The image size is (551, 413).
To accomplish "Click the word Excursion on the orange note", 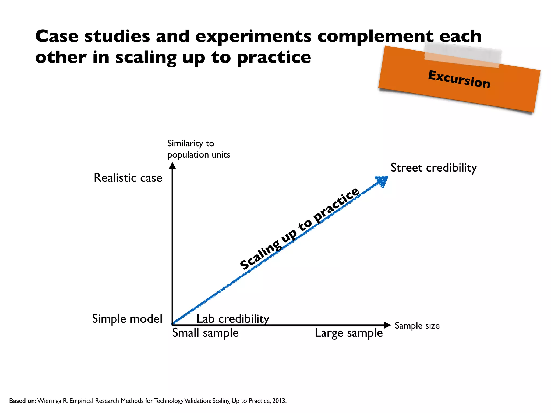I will (459, 79).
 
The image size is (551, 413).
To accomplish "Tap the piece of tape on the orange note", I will (462, 55).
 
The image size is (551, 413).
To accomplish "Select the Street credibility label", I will (433, 168).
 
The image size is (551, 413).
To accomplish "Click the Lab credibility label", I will (233, 319).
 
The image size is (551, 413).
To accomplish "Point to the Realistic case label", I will (128, 178).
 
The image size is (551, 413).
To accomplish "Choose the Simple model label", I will (127, 319).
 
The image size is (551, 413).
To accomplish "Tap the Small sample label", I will (205, 333).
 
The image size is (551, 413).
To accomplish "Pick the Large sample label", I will (349, 333).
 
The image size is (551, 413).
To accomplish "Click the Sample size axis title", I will (417, 326).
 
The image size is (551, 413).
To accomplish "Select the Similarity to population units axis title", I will (199, 149).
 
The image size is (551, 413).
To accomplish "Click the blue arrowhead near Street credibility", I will (382, 181).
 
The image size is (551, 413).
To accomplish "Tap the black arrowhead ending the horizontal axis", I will (387, 325).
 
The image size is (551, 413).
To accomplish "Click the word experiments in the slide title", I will (253, 36).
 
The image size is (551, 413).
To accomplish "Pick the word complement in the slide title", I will (376, 36).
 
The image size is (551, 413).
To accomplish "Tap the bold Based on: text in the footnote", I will (23, 401).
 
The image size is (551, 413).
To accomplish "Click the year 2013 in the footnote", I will (279, 401).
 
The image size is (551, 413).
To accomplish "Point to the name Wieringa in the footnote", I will (49, 401).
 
